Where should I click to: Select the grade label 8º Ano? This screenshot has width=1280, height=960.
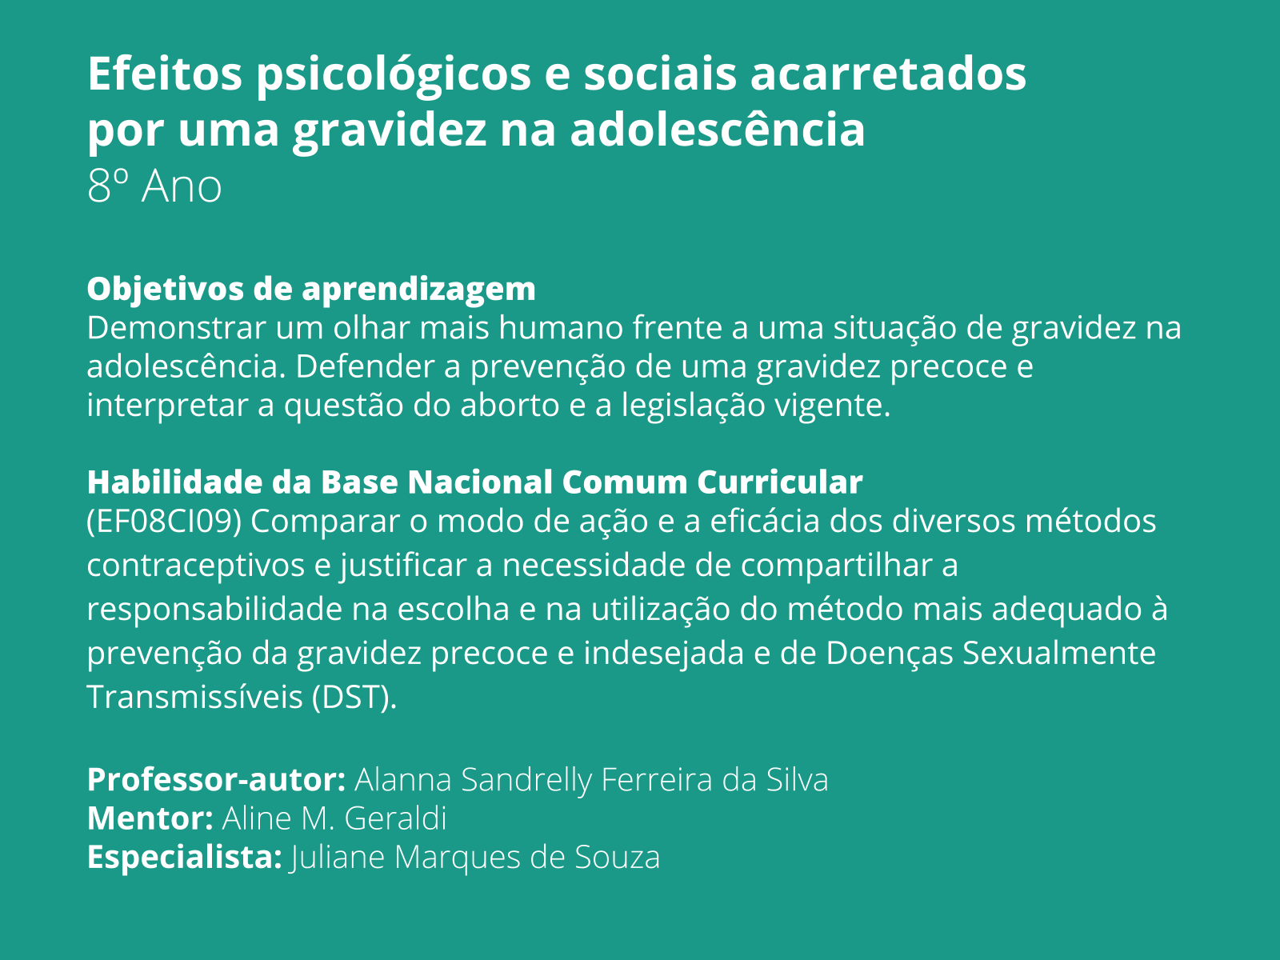(x=154, y=186)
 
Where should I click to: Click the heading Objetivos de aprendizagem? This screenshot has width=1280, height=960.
(x=311, y=289)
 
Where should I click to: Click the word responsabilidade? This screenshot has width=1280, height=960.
(x=214, y=610)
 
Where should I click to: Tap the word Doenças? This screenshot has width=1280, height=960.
(x=889, y=653)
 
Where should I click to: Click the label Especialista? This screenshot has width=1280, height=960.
(x=184, y=858)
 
